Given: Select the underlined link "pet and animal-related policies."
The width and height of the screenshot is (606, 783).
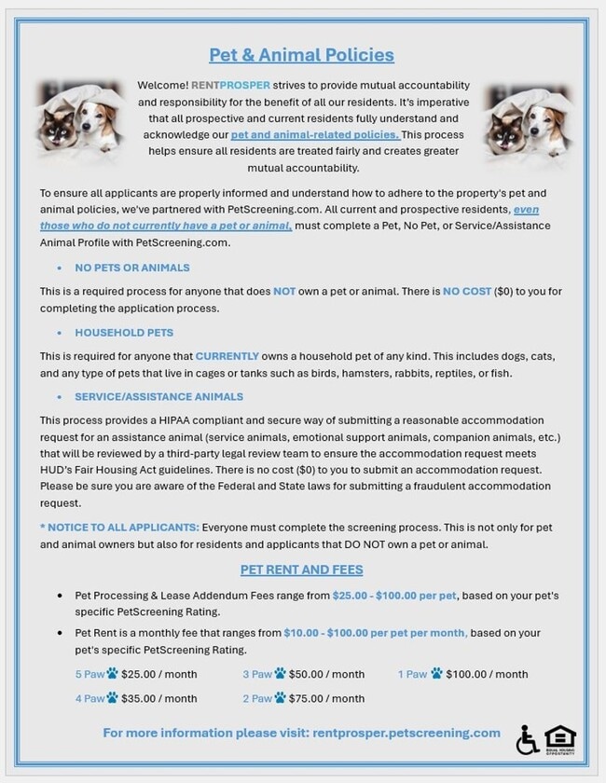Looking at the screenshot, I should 315,135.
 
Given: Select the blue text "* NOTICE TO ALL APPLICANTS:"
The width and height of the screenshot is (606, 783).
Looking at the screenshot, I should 119,527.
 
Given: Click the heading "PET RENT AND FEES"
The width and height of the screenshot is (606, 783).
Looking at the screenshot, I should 301,570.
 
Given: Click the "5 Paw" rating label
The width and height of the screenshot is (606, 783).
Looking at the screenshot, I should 90,674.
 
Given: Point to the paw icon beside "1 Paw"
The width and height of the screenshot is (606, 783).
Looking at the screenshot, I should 436,673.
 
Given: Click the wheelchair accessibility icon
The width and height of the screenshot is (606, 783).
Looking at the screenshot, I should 527,740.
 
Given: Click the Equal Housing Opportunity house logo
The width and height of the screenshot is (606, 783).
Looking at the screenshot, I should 559,738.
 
